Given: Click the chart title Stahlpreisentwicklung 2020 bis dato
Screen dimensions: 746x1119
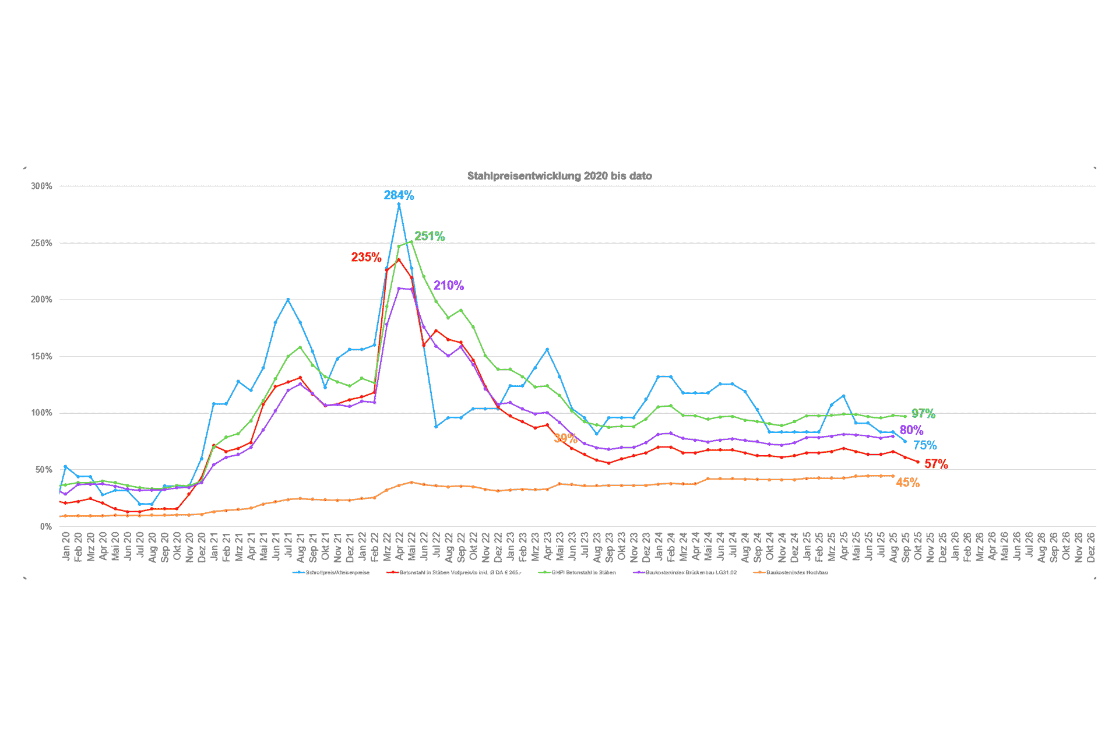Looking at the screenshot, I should [559, 176].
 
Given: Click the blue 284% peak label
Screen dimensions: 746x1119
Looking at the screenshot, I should [399, 195].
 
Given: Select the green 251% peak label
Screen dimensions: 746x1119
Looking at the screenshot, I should [430, 236].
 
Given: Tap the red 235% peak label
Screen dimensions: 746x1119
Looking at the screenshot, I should [366, 257].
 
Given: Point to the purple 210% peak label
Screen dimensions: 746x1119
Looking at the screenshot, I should [449, 285].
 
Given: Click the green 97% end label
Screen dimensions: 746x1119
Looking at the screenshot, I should [923, 413].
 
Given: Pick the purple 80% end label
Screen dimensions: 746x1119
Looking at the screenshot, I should [912, 430].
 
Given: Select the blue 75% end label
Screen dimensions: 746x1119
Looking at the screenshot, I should [925, 445].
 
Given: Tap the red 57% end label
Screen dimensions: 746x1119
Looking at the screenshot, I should [936, 464].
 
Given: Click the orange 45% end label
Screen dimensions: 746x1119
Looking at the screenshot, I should [907, 483].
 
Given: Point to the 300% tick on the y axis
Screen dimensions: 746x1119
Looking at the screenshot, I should [41, 186].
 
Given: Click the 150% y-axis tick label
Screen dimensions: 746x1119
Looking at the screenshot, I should [41, 356].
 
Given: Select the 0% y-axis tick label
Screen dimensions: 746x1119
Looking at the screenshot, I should [46, 526].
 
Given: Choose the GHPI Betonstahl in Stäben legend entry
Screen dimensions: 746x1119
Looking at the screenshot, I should [583, 572].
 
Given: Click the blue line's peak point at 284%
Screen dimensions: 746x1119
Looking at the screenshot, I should [399, 204].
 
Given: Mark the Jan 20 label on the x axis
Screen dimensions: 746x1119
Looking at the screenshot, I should [66, 546].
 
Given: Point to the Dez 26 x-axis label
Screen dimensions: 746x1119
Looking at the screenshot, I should [1091, 546].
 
